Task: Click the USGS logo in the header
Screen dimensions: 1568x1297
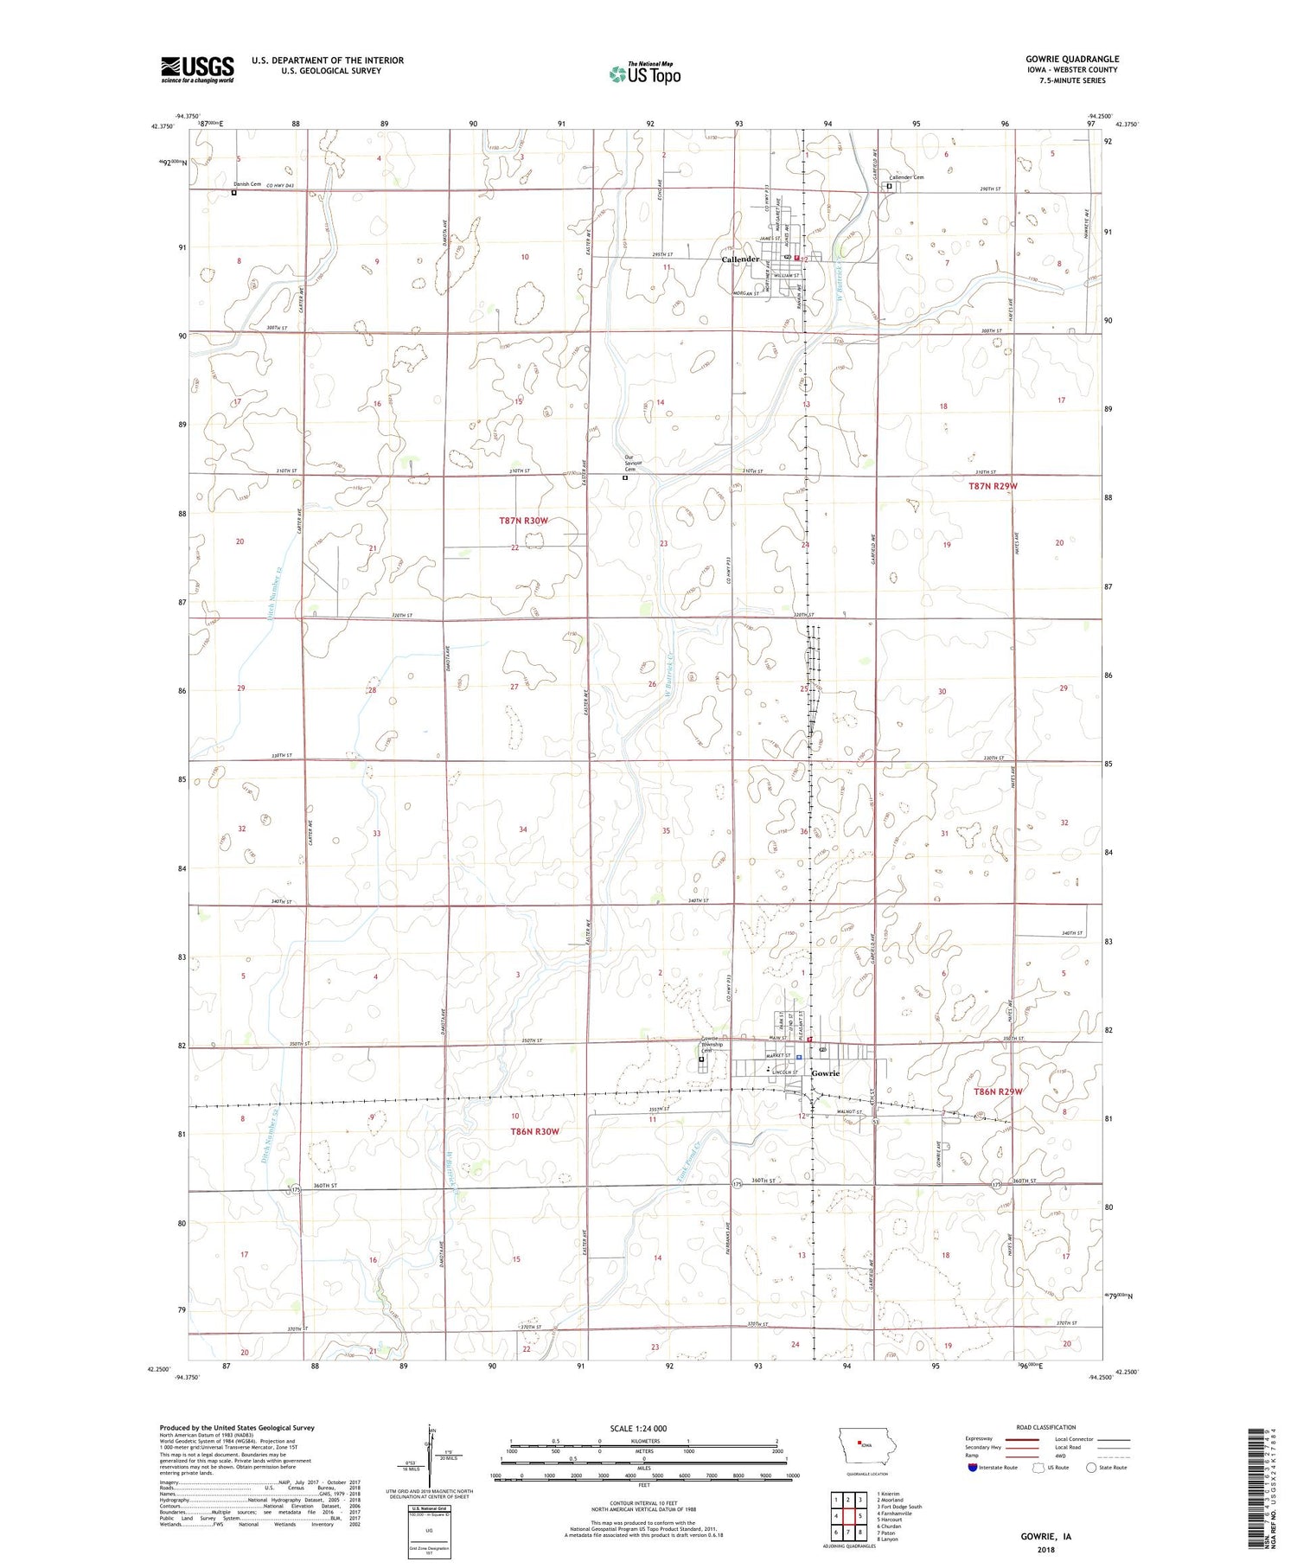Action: (x=197, y=68)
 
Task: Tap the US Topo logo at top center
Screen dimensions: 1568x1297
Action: (x=644, y=74)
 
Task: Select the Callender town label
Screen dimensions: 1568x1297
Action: (x=740, y=259)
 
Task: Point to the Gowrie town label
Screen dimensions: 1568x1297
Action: (x=825, y=1073)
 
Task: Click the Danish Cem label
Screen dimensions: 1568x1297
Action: (x=246, y=184)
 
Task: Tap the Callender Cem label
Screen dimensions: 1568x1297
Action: (x=906, y=177)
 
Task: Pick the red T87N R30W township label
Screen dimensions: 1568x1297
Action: (x=524, y=521)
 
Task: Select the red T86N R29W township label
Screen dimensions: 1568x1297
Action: (x=998, y=1091)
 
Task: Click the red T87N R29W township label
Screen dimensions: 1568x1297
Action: (x=993, y=486)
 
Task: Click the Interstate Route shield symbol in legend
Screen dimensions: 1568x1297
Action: (x=973, y=1468)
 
